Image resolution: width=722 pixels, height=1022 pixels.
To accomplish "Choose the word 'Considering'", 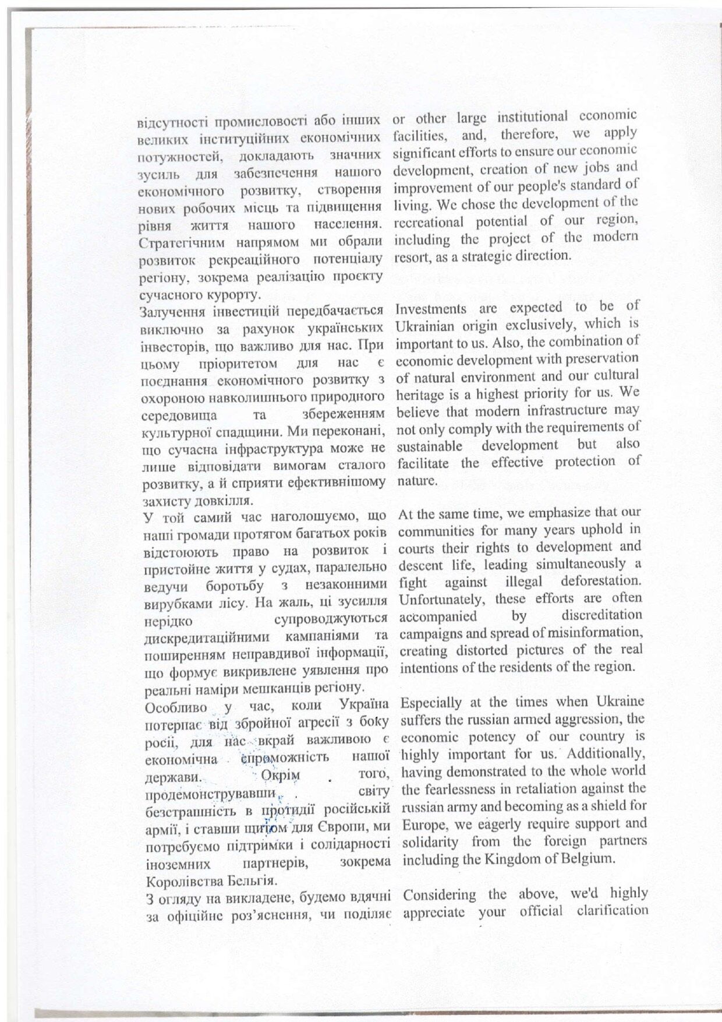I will pos(440,894).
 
